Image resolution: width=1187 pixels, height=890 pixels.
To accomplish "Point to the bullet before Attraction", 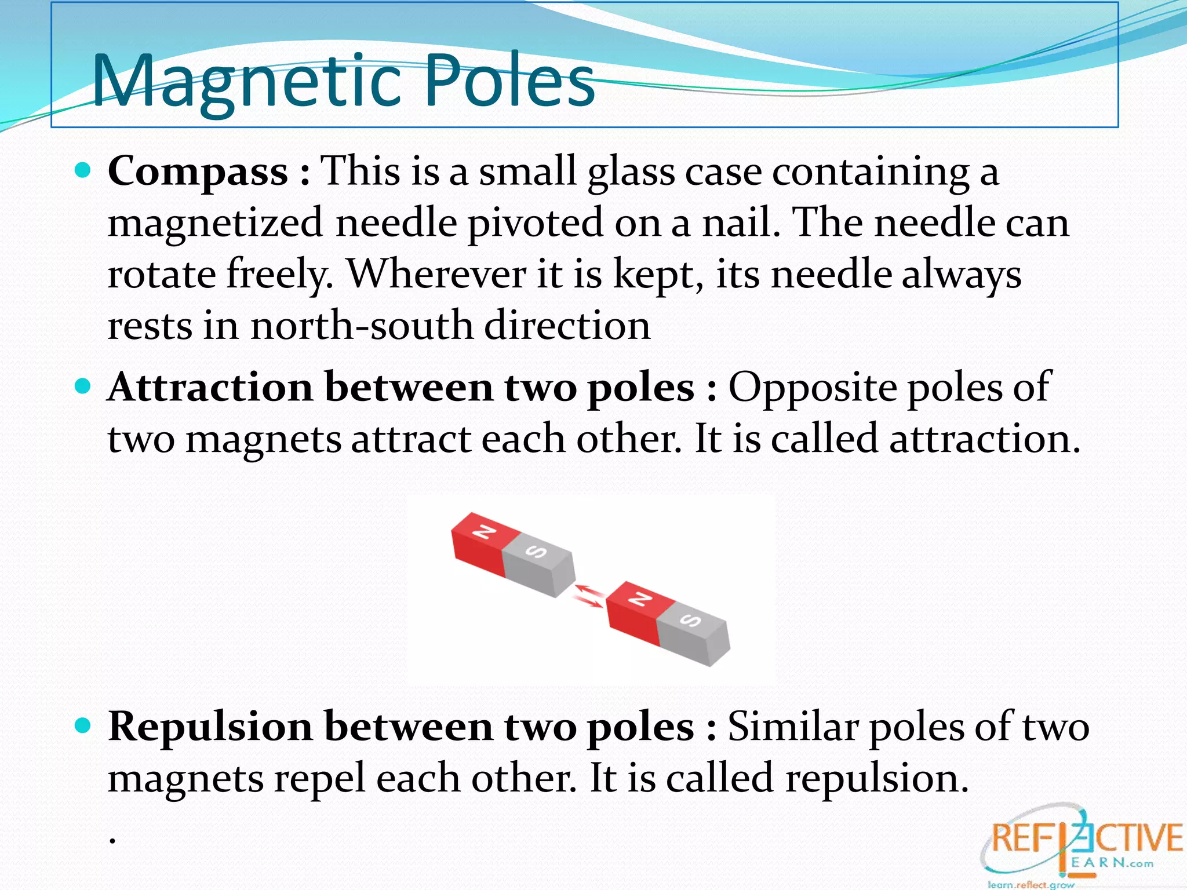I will coord(83,386).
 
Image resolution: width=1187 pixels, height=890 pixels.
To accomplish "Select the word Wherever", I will coord(436,274).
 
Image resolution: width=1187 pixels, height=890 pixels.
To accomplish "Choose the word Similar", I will coord(792,726).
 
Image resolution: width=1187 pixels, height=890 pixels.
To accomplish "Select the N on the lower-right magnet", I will coord(640,599).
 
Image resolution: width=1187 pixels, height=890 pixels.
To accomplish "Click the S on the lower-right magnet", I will coord(691,621).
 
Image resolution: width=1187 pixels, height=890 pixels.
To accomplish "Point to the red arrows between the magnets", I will coord(589,597).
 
